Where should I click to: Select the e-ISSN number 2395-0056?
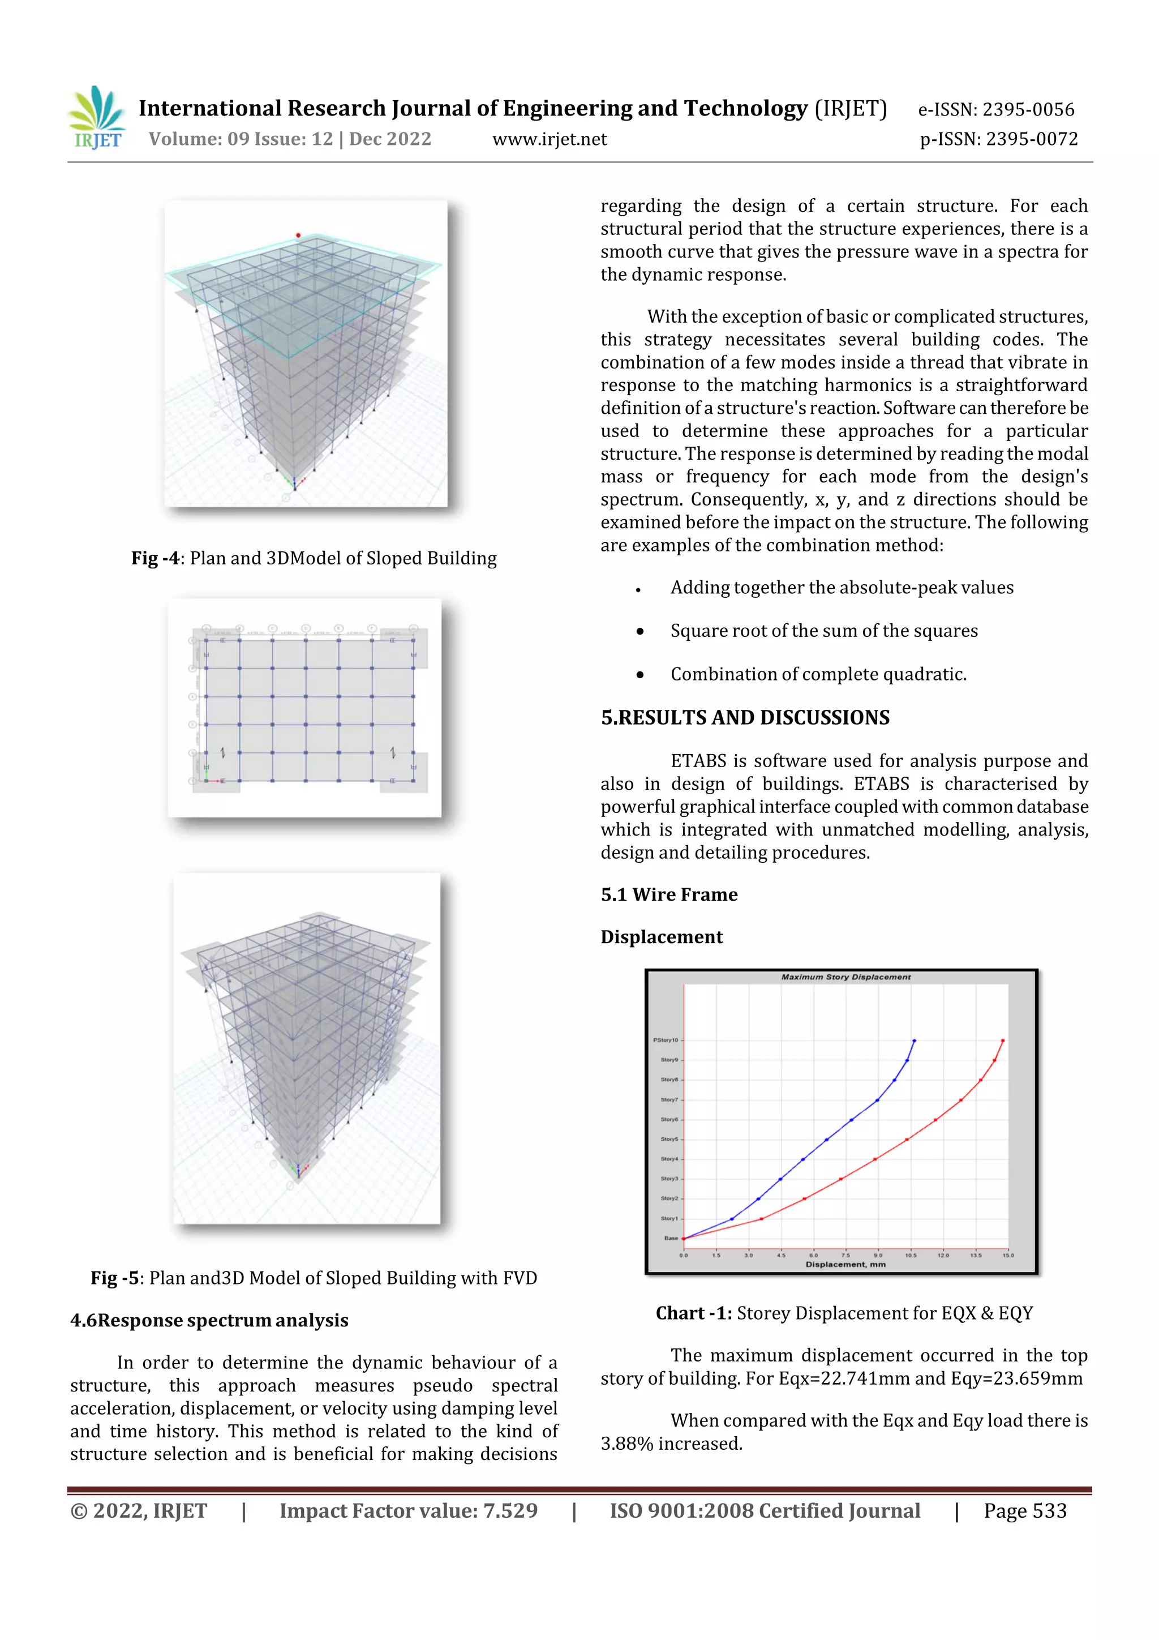[x=1028, y=110]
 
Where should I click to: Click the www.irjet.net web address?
[x=549, y=139]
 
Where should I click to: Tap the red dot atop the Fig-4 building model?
[x=298, y=235]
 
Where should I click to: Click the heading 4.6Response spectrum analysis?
[x=209, y=1321]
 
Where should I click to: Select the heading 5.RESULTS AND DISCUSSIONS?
[x=745, y=718]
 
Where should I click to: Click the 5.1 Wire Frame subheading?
[x=668, y=895]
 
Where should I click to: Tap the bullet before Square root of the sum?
[x=640, y=631]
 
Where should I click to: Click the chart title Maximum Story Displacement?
[x=845, y=977]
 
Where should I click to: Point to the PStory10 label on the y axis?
[x=665, y=1040]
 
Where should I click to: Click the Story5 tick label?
[x=668, y=1140]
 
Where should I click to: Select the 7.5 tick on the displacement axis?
[x=845, y=1255]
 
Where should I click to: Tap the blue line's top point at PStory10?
[x=914, y=1040]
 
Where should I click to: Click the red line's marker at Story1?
[x=761, y=1219]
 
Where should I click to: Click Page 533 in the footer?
[x=1025, y=1511]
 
